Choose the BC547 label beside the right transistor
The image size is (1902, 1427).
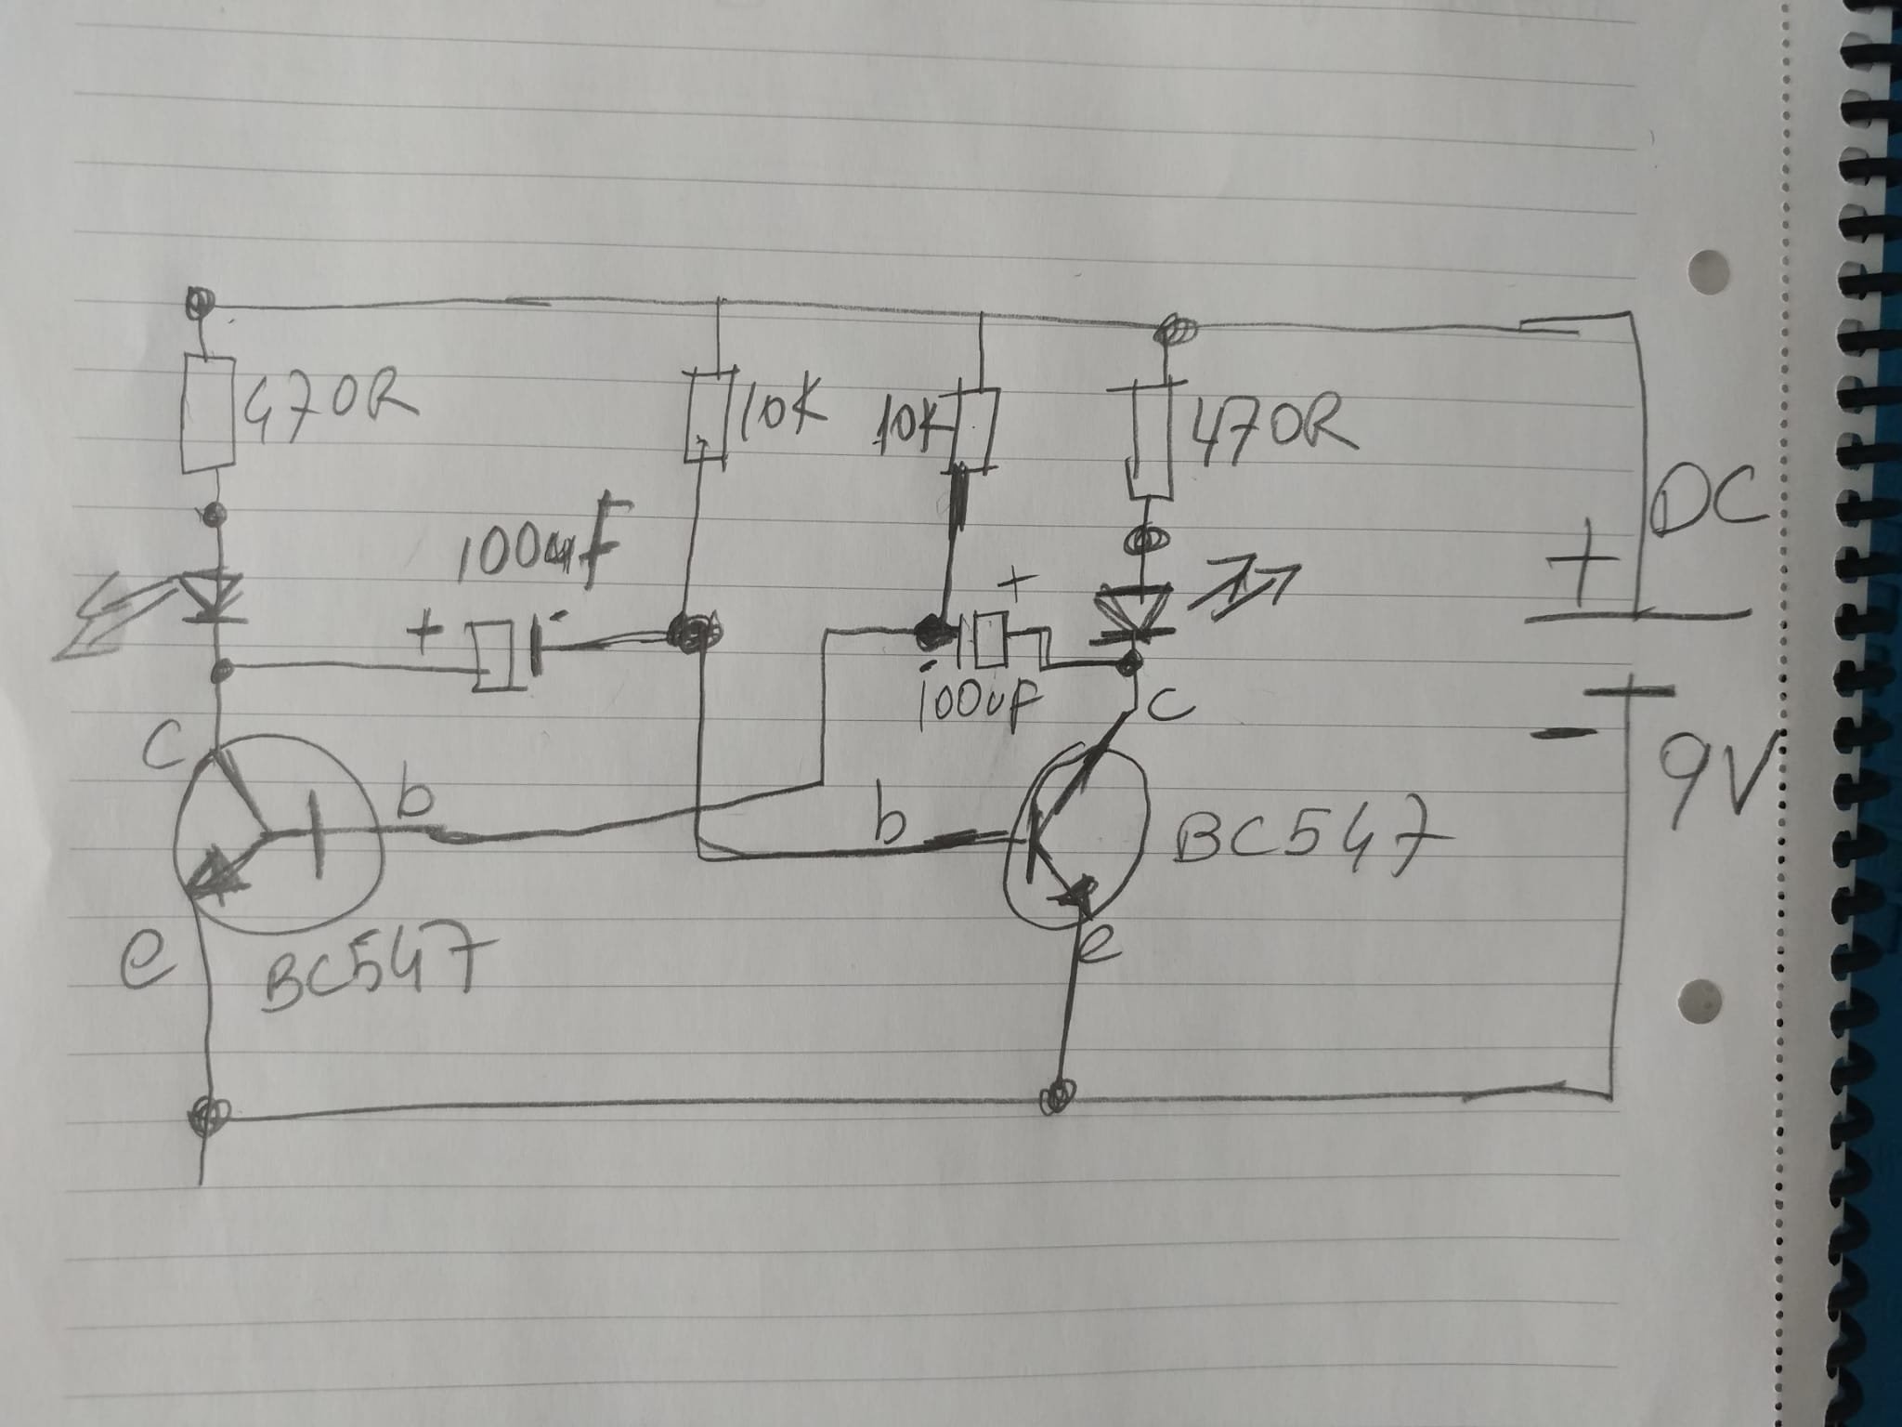(x=1296, y=840)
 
